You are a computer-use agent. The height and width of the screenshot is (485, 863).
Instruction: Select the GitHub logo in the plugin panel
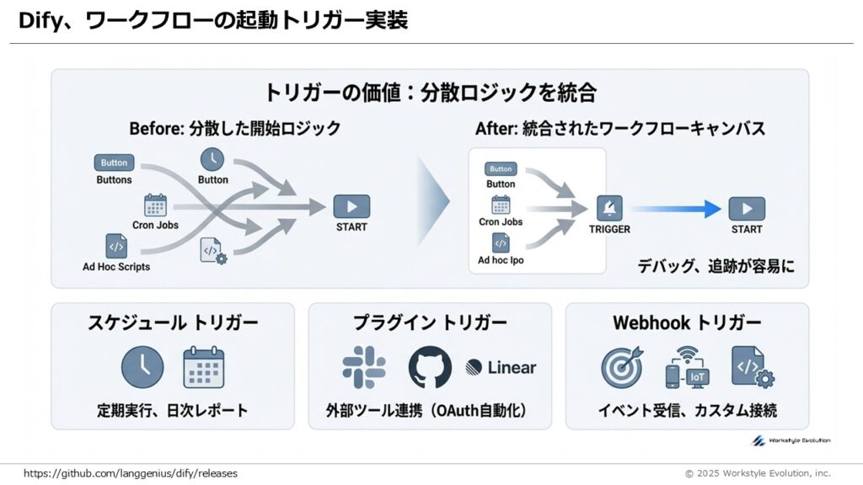[430, 367]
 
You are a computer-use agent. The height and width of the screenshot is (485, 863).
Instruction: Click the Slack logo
[364, 367]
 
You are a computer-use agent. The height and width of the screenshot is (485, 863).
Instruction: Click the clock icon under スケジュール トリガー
[142, 367]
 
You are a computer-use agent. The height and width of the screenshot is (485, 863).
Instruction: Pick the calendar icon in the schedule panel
[204, 367]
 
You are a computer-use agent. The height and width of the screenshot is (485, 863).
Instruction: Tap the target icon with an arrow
[622, 368]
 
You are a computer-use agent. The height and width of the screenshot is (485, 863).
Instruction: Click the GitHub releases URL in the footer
[131, 473]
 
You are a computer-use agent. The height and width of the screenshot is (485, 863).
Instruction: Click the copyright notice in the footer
[757, 473]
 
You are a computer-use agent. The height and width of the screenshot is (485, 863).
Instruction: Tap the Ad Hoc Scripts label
[116, 267]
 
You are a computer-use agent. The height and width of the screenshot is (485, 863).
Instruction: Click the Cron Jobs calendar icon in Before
[155, 205]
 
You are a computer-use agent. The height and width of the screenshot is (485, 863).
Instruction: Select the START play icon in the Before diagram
[351, 206]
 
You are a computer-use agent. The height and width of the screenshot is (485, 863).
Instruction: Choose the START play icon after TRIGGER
[747, 208]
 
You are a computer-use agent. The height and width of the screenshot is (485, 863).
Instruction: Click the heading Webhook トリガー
[687, 322]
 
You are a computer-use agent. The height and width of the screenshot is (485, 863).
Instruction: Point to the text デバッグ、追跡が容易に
[715, 266]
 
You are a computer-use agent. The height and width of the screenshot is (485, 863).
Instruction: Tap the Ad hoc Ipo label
[501, 260]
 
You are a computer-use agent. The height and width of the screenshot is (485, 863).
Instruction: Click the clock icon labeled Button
[212, 158]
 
